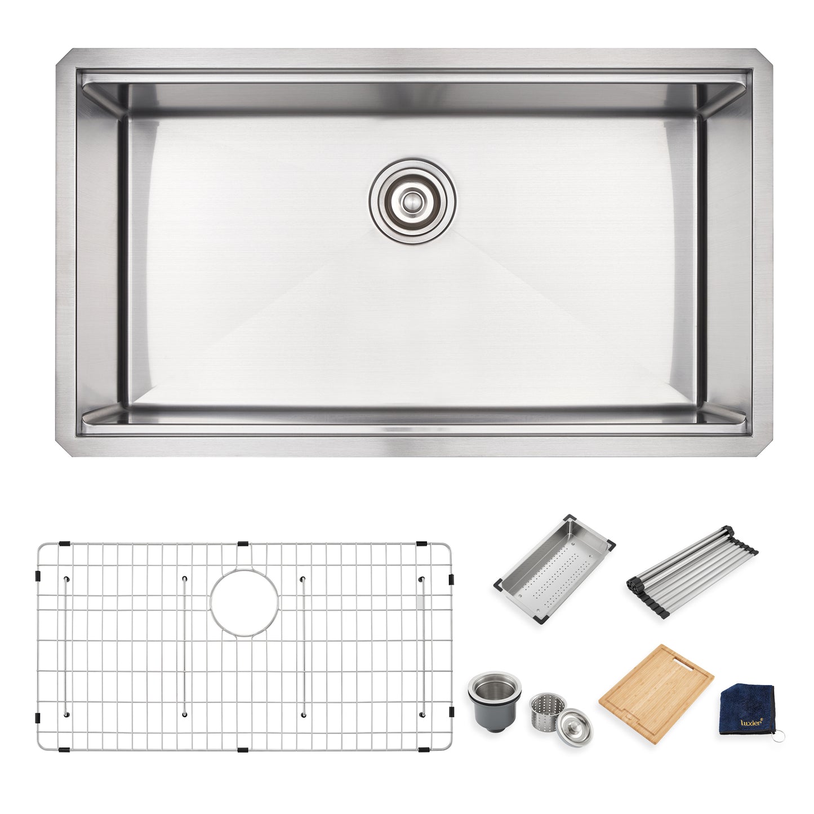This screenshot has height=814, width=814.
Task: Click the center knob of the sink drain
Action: [410, 202]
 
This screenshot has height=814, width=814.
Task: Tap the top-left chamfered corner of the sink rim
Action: [63, 56]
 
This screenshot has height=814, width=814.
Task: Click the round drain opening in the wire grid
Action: [244, 603]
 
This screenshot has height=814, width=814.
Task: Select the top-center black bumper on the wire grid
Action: [243, 543]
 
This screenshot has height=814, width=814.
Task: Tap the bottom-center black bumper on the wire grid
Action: [243, 750]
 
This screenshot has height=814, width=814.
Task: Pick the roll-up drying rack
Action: [692, 571]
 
